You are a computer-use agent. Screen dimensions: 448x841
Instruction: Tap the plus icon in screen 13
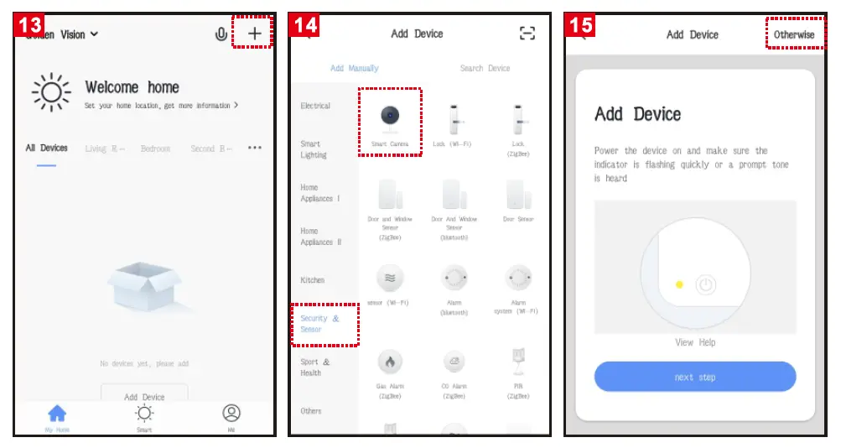click(255, 34)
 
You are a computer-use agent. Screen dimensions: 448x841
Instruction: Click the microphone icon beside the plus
click(221, 34)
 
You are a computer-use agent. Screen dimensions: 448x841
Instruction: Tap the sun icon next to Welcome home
click(51, 91)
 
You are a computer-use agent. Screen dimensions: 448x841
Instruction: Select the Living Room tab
click(105, 148)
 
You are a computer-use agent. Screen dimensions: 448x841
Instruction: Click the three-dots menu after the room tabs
click(255, 148)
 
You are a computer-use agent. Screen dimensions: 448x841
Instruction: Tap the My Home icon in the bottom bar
click(57, 414)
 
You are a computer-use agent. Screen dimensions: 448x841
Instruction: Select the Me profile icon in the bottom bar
click(231, 414)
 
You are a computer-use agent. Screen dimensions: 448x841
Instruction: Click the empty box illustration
click(145, 288)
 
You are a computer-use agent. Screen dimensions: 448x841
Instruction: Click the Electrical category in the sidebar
click(315, 107)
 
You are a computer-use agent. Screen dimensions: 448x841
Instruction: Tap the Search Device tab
click(485, 68)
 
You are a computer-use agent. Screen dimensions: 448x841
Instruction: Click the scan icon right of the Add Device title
click(527, 34)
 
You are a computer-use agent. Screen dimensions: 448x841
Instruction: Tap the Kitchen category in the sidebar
click(312, 280)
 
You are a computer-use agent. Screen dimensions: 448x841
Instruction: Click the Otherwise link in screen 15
click(793, 34)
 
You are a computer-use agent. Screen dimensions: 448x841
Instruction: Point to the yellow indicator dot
click(679, 285)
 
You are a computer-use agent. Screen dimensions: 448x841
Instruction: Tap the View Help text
click(695, 342)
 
